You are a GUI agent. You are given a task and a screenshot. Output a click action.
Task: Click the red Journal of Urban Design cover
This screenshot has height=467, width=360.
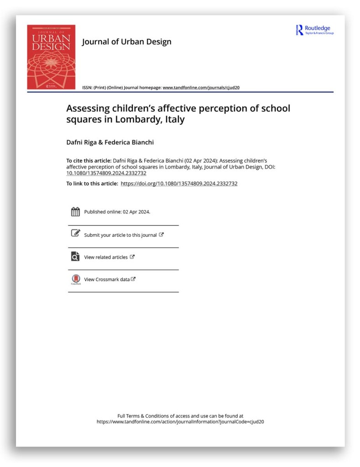[x=51, y=57]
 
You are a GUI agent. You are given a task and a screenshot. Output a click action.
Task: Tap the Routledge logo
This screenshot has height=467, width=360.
[x=315, y=30]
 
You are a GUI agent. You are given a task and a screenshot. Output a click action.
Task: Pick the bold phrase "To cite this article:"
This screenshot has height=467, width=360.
[x=88, y=161]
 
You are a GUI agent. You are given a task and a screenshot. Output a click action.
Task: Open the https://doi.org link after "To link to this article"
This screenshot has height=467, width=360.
[x=179, y=184]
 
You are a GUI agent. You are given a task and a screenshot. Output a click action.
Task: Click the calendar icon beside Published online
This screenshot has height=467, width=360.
[x=76, y=212]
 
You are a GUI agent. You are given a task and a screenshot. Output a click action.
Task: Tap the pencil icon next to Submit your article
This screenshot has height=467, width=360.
[x=76, y=234]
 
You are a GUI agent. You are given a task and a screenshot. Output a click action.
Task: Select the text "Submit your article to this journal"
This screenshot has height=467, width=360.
[x=120, y=235]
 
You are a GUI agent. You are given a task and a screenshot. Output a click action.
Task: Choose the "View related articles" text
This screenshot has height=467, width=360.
[x=106, y=257]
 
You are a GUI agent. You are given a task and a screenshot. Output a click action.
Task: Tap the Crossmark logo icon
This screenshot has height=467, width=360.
[x=76, y=279]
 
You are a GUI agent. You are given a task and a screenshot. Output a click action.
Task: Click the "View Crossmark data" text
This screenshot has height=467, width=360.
[x=107, y=279]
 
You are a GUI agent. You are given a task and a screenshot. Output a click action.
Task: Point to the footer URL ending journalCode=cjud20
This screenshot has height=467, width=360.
[x=180, y=422]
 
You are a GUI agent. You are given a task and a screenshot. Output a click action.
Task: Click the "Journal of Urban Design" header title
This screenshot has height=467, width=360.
[x=126, y=42]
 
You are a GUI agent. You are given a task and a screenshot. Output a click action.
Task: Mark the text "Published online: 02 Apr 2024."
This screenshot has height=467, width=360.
[x=117, y=212]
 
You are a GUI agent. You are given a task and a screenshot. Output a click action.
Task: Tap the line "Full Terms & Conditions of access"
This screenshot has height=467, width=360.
[x=180, y=416]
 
